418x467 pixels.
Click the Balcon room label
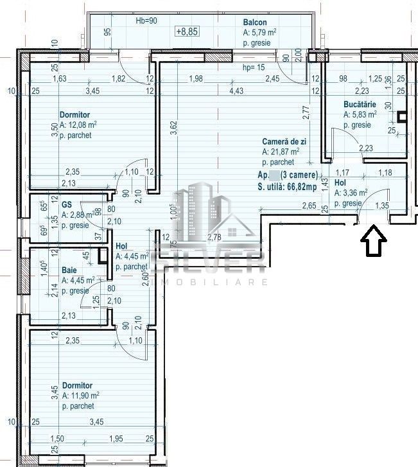point(256,22)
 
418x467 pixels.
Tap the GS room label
point(67,204)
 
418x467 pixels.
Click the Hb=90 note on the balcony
point(147,22)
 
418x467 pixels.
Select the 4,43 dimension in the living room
point(236,91)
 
